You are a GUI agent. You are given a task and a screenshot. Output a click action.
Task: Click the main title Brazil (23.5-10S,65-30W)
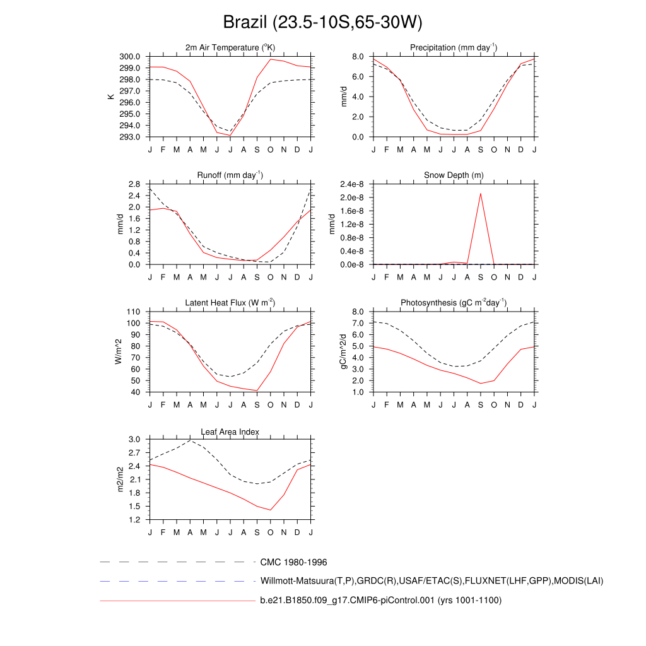click(x=322, y=23)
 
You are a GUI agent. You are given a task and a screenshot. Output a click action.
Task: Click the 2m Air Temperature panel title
click(x=230, y=47)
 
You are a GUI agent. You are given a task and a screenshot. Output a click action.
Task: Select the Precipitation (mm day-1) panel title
click(x=454, y=47)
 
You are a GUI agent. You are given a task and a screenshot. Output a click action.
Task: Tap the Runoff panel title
click(x=230, y=175)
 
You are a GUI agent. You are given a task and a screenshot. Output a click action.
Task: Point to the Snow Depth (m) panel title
click(x=454, y=175)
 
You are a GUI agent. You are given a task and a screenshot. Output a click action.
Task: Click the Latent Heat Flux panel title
click(x=230, y=303)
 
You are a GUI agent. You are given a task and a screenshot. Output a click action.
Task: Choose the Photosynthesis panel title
click(x=454, y=303)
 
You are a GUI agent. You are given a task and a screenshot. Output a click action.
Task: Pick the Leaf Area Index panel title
click(x=230, y=432)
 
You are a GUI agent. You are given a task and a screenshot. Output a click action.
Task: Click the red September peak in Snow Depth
click(x=481, y=193)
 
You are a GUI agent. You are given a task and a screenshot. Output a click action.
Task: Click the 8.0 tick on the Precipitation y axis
click(x=358, y=57)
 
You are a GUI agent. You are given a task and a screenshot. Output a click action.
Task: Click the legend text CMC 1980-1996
click(x=293, y=562)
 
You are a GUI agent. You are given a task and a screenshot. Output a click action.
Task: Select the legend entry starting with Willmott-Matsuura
click(x=432, y=581)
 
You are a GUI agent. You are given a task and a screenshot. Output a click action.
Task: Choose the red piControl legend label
click(x=380, y=601)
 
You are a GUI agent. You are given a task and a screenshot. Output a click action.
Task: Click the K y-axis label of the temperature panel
click(x=111, y=97)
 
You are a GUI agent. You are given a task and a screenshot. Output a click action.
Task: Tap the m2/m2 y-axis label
click(x=120, y=479)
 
